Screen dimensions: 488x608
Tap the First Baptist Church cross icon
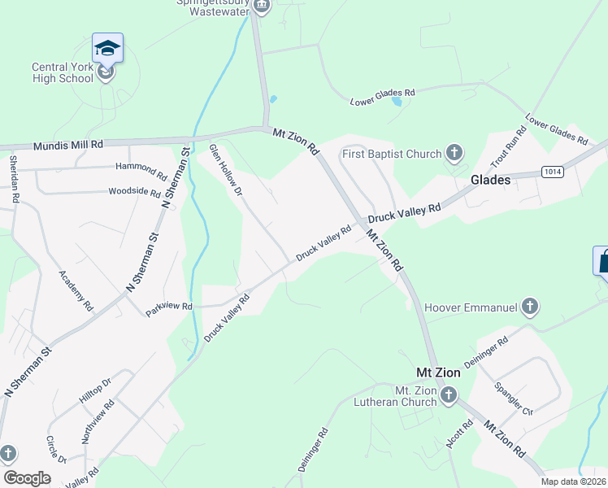click(x=454, y=154)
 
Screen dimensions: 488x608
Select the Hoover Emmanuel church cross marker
click(x=530, y=307)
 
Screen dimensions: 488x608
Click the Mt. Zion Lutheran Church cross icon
click(x=449, y=395)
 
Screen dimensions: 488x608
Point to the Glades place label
click(x=491, y=181)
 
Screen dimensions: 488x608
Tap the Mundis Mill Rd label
click(x=68, y=145)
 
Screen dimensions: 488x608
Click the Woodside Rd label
click(x=134, y=192)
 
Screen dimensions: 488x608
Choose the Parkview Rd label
click(x=168, y=307)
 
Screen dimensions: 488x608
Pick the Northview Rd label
click(x=97, y=421)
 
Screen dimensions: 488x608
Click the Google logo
click(x=27, y=478)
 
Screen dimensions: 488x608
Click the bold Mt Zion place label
click(x=438, y=373)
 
